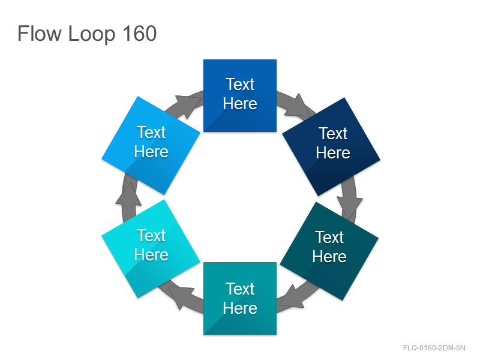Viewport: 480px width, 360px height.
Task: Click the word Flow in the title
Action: pyautogui.click(x=40, y=34)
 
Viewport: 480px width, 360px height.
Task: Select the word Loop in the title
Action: pyautogui.click(x=92, y=34)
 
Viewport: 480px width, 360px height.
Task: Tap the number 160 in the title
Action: pyautogui.click(x=140, y=34)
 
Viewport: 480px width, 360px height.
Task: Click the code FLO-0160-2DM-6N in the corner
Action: pyautogui.click(x=434, y=348)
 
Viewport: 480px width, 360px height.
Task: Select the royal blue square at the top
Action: pyautogui.click(x=240, y=96)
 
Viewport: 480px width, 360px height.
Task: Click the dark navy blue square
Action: pyautogui.click(x=331, y=146)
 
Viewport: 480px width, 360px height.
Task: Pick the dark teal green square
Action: pyautogui.click(x=329, y=251)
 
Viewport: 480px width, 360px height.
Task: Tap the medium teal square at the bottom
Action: pyautogui.click(x=240, y=298)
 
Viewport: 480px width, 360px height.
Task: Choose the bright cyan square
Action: pyautogui.click(x=151, y=248)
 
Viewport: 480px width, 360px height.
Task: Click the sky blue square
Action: pyautogui.click(x=151, y=145)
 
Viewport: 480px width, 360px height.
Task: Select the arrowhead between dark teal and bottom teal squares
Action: pyautogui.click(x=291, y=296)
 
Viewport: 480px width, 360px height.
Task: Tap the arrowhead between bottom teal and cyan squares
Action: pyautogui.click(x=181, y=297)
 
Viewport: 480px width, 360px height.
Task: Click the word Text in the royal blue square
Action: pyautogui.click(x=240, y=84)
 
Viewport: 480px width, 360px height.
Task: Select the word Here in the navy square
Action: pyautogui.click(x=333, y=152)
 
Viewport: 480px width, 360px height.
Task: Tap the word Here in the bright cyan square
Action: pyautogui.click(x=151, y=254)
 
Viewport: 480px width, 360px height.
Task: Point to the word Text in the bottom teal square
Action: pyautogui.click(x=240, y=289)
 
